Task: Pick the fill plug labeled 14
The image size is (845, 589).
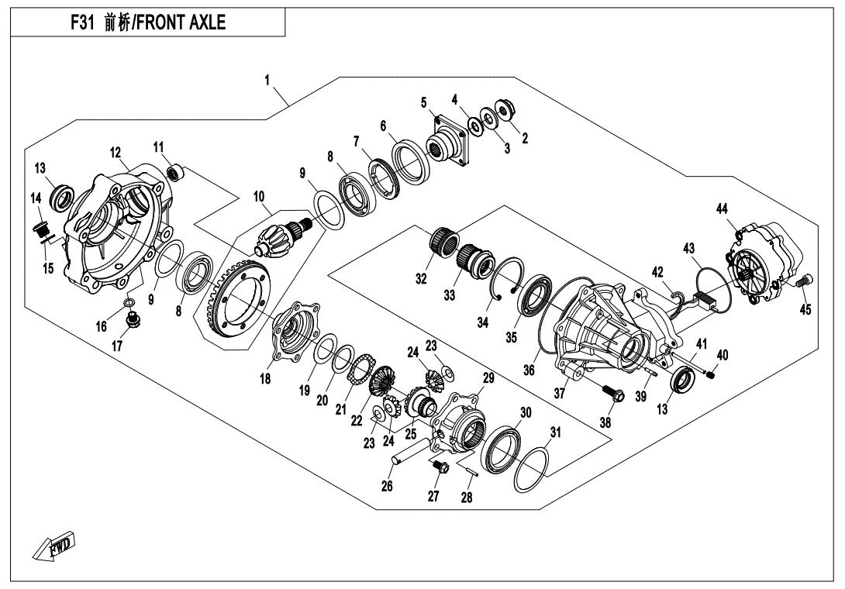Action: pos(42,230)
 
